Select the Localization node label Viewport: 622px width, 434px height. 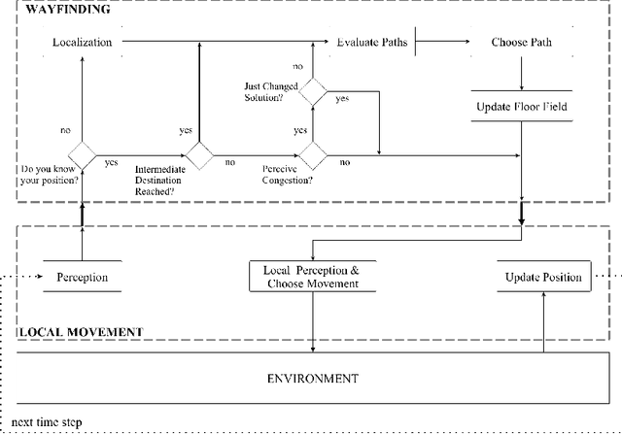pyautogui.click(x=83, y=43)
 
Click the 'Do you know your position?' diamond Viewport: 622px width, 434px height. pyautogui.click(x=82, y=154)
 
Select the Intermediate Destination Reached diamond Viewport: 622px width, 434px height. pyautogui.click(x=199, y=154)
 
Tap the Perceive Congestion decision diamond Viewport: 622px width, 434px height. pyautogui.click(x=313, y=154)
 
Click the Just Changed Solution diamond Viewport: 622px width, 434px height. pyautogui.click(x=313, y=92)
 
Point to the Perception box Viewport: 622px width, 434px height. pyautogui.click(x=82, y=278)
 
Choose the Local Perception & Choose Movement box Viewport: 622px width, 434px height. pyautogui.click(x=311, y=276)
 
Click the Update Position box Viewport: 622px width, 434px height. pyautogui.click(x=542, y=278)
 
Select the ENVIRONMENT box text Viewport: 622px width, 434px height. pyautogui.click(x=311, y=378)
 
